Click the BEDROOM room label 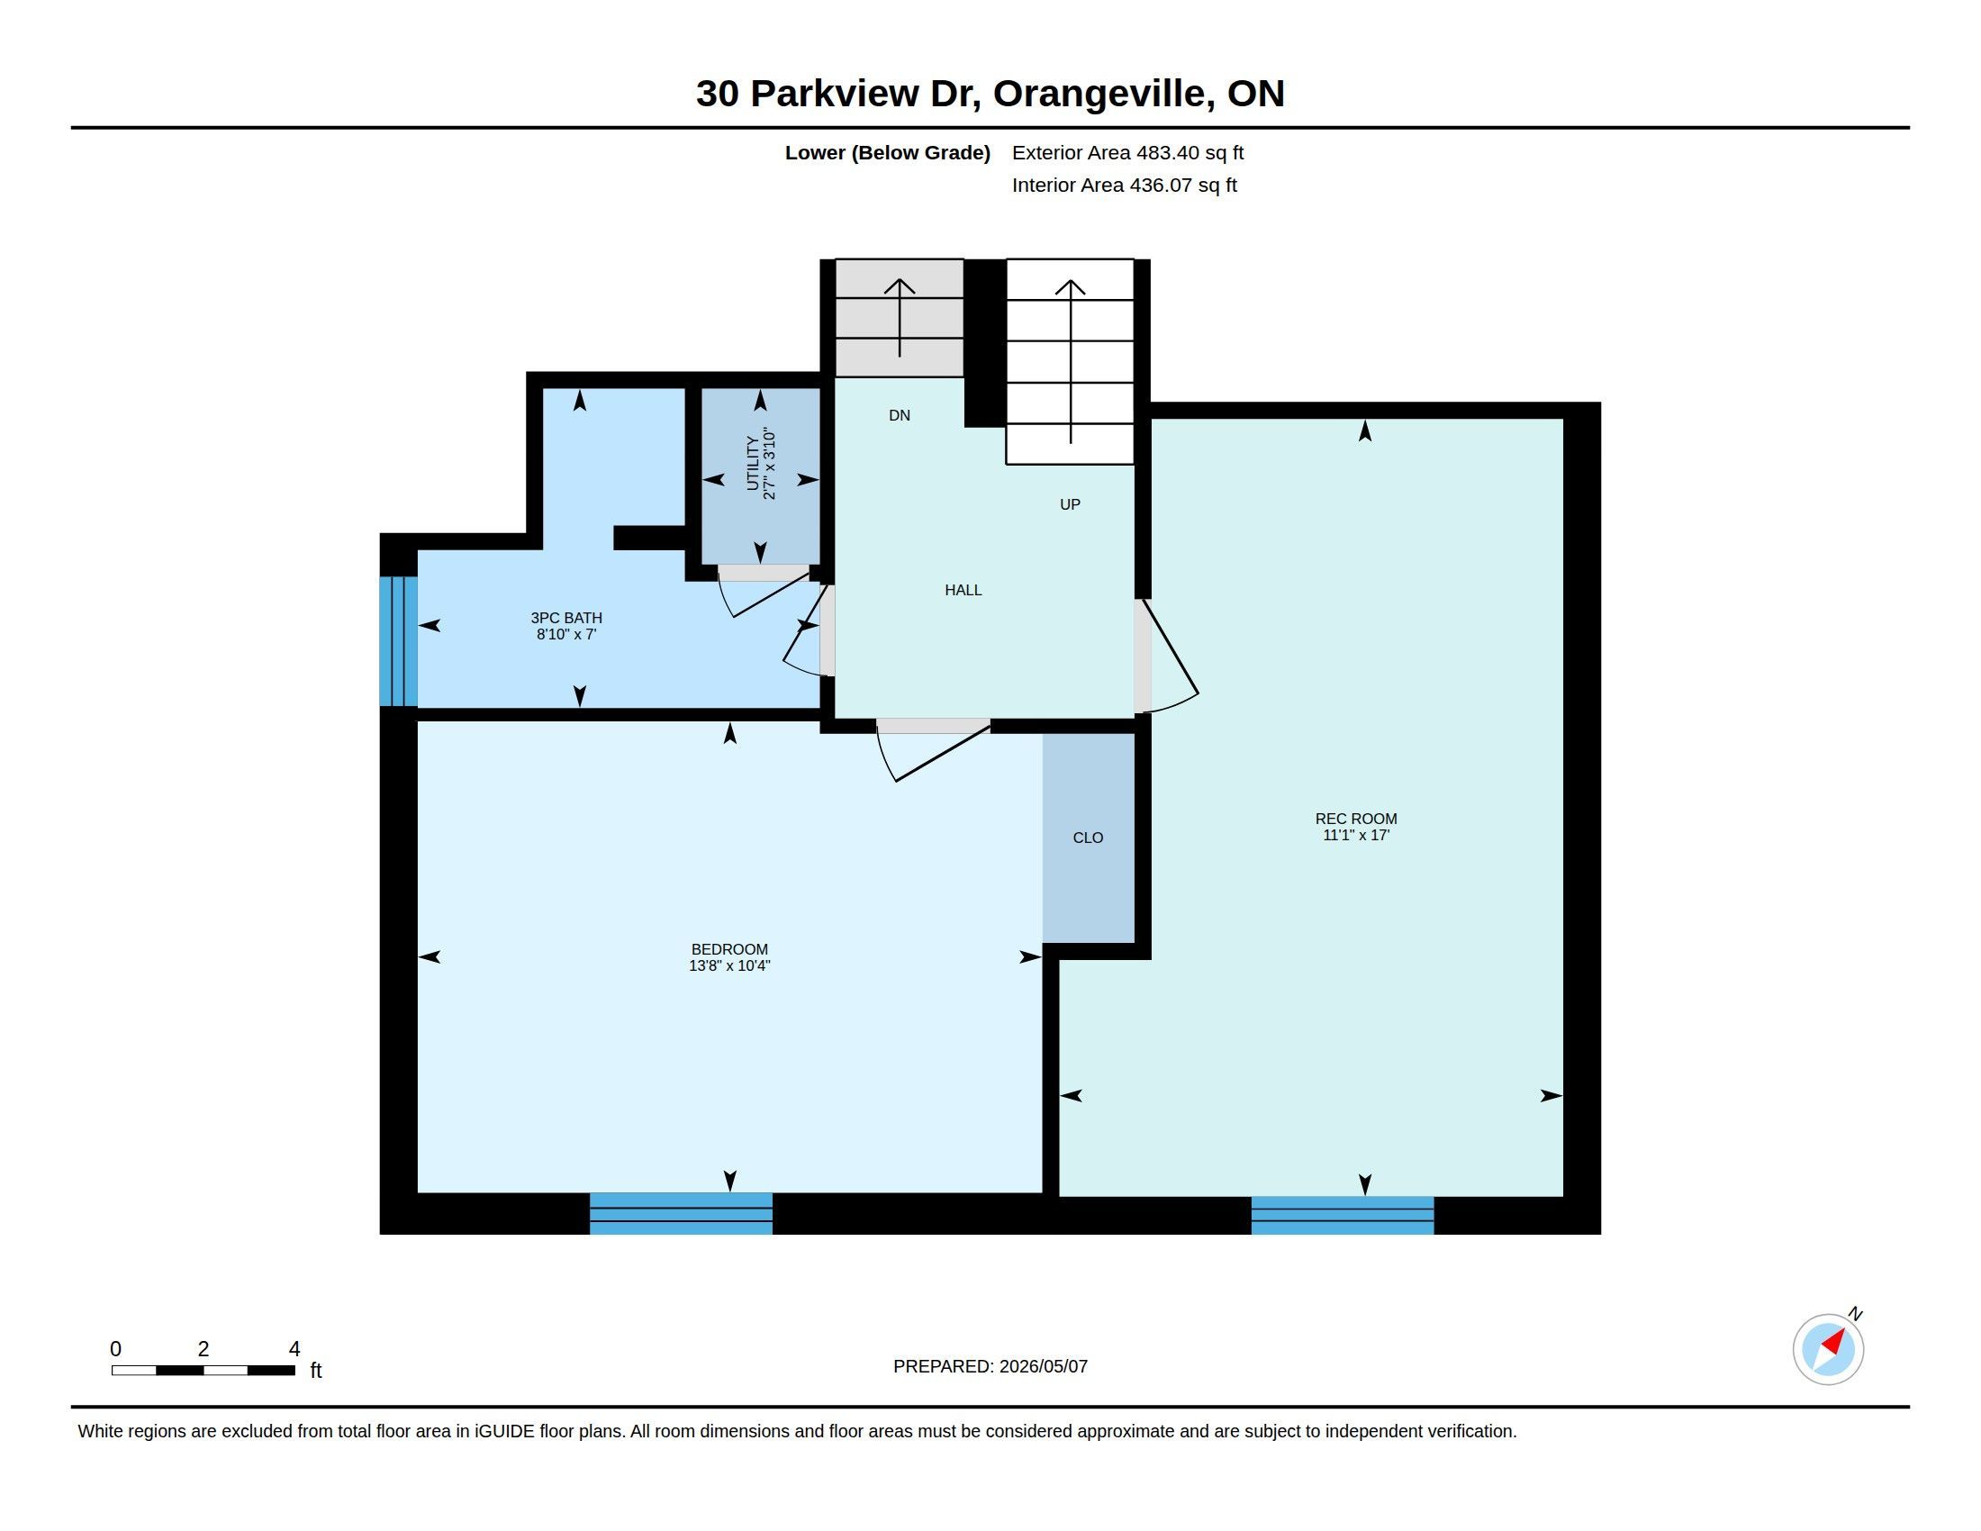point(729,949)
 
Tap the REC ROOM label point(1356,819)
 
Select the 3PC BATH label point(566,619)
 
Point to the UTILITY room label point(752,464)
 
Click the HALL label point(963,591)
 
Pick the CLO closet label point(1088,838)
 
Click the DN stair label point(899,415)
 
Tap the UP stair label point(1071,504)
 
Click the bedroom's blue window point(682,1214)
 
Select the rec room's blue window point(1343,1216)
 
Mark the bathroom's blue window point(398,641)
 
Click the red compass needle point(1834,1342)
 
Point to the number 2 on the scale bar point(204,1349)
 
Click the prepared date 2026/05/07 point(1043,1366)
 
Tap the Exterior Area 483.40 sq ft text point(1127,152)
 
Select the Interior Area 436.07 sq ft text point(1124,185)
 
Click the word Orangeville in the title point(1104,94)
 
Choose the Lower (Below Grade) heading point(887,152)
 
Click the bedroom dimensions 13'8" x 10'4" point(729,966)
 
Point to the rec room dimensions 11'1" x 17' point(1356,836)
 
